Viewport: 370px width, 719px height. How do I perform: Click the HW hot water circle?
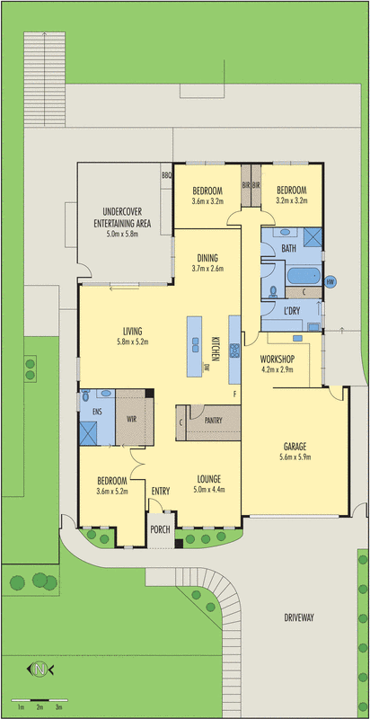tap(329, 282)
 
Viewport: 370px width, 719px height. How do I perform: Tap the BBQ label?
tap(166, 174)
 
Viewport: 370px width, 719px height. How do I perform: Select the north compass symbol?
tap(40, 670)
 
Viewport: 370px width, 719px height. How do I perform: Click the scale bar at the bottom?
tap(40, 700)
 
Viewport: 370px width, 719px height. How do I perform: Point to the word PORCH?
tap(160, 529)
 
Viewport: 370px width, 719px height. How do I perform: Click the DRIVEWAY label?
tap(298, 617)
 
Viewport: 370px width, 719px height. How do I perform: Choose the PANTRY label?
tap(213, 420)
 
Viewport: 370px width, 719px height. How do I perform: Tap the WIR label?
tap(132, 418)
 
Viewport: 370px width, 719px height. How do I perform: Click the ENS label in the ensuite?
tap(97, 412)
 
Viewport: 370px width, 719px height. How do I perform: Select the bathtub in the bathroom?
tap(304, 277)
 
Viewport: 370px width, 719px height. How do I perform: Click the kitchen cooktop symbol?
tap(235, 351)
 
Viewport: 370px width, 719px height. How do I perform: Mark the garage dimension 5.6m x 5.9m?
tap(295, 457)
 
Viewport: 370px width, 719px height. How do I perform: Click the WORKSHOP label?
tap(277, 359)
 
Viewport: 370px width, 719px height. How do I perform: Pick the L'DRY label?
tap(292, 311)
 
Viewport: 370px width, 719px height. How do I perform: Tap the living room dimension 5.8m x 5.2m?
tap(132, 342)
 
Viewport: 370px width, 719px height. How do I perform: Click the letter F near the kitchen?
tap(235, 394)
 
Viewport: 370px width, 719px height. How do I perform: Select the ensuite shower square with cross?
tap(88, 433)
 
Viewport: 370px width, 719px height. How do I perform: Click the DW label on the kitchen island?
tap(207, 367)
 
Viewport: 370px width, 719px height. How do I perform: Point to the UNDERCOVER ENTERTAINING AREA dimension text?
tap(122, 234)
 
